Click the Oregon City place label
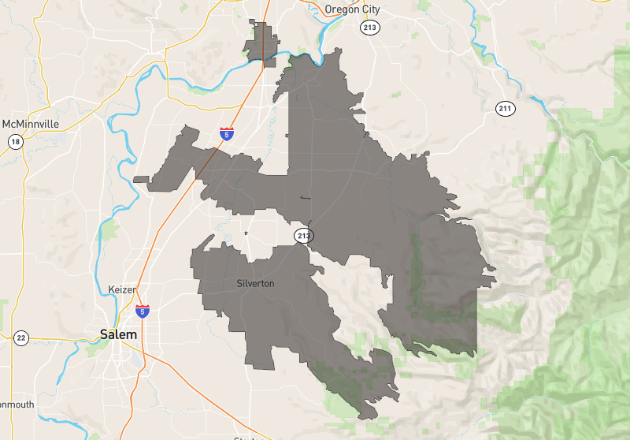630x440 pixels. [352, 9]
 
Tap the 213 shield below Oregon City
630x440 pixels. [370, 28]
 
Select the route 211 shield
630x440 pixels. [505, 108]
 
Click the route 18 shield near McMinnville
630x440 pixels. [15, 142]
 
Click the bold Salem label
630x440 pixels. [119, 334]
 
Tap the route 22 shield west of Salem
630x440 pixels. [21, 338]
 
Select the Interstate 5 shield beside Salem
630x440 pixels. [143, 312]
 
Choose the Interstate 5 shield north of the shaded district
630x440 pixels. [227, 134]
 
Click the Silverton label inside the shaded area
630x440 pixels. [255, 283]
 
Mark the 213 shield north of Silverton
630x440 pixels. [304, 235]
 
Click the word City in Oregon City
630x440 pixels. [369, 9]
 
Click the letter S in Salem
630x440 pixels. [105, 334]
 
